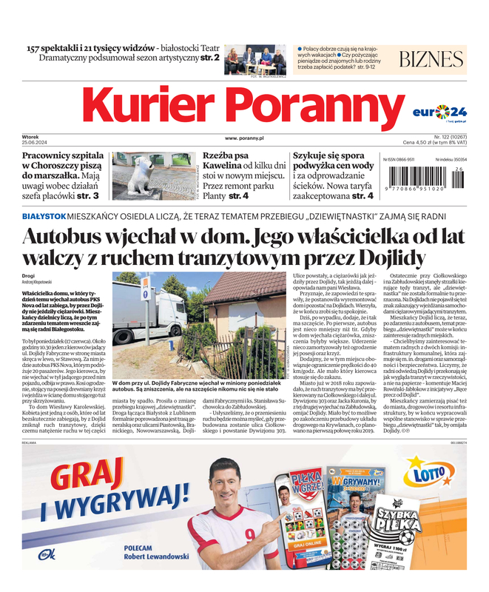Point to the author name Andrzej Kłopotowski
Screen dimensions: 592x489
(x=43, y=282)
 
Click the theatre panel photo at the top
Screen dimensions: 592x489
(x=255, y=60)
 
